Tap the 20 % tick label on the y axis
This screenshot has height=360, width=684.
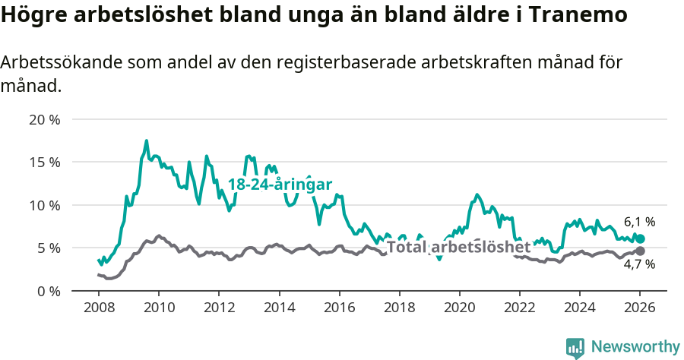[x=44, y=119]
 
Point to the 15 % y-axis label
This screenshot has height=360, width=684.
[x=44, y=162]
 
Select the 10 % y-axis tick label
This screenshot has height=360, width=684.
[x=44, y=205]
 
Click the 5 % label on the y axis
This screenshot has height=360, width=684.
[x=48, y=248]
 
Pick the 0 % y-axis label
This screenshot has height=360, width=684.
[x=48, y=291]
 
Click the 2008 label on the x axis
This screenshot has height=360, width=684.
[x=98, y=308]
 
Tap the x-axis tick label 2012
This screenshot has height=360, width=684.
[x=219, y=308]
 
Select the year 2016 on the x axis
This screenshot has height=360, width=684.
[x=339, y=308]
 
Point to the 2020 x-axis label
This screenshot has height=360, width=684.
[x=459, y=308]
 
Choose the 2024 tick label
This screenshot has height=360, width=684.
[x=579, y=308]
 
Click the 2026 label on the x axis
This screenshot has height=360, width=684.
[x=640, y=308]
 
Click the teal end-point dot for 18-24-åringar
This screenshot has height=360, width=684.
[x=640, y=238]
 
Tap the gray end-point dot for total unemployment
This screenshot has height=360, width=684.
[x=640, y=251]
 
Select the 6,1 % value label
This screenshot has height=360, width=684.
[x=639, y=223]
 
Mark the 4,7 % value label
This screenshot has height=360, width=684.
[x=639, y=265]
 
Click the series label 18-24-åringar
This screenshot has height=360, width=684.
[x=280, y=185]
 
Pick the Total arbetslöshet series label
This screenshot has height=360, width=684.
[x=458, y=247]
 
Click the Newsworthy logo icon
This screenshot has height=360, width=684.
[x=575, y=347]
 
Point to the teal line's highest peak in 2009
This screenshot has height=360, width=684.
[x=147, y=141]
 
